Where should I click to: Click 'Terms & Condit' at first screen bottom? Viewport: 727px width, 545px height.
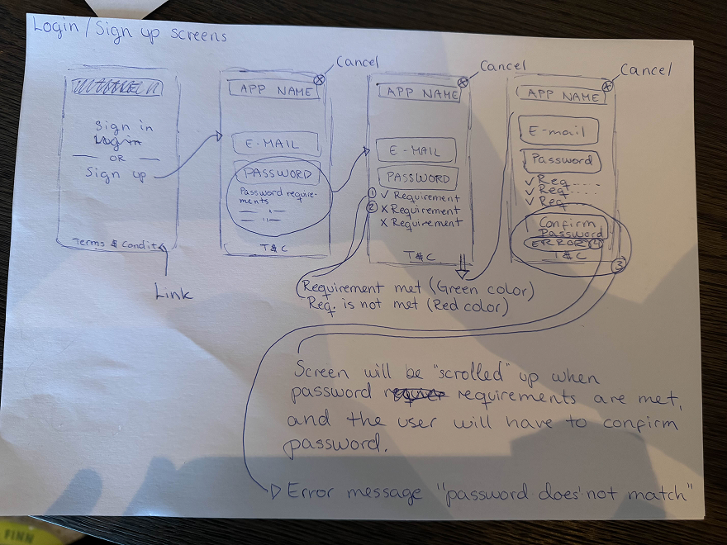pos(115,244)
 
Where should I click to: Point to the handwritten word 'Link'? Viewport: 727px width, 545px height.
pos(173,292)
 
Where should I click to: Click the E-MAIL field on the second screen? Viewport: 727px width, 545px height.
pos(275,145)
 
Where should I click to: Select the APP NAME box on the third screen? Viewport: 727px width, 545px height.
pos(421,94)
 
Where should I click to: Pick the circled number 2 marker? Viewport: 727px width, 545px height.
pos(373,207)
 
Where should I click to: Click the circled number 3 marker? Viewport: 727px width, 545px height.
pos(618,264)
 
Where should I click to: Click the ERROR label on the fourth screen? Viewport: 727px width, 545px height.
pos(558,244)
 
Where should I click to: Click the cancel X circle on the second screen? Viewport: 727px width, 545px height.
pos(319,78)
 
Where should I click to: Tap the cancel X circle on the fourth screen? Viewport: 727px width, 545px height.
pos(607,86)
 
